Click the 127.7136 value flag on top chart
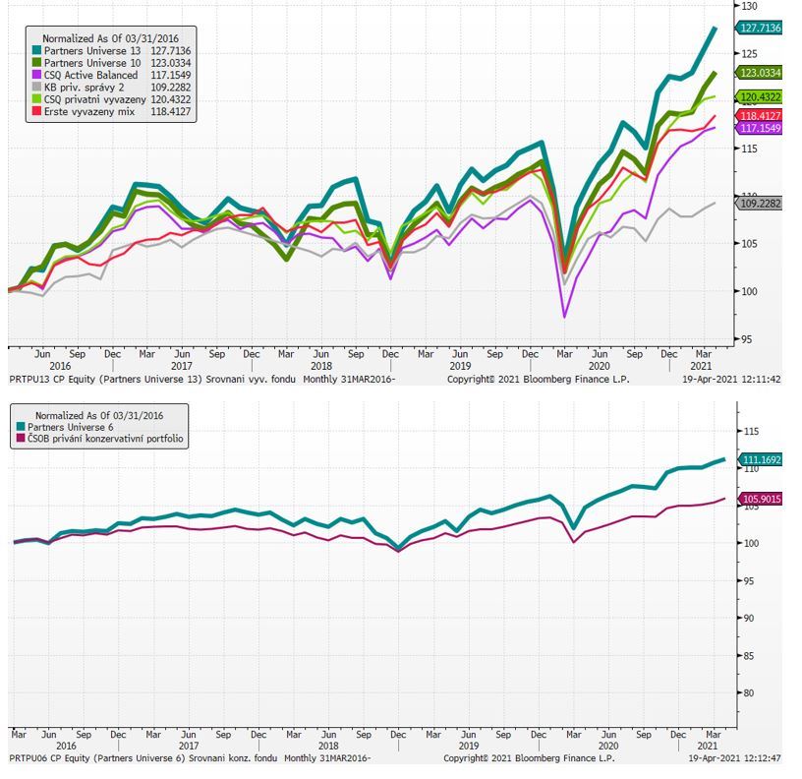click(x=761, y=29)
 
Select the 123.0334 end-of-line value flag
click(x=761, y=73)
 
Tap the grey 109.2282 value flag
click(x=761, y=204)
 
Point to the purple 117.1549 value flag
click(x=761, y=128)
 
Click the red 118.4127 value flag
click(x=761, y=116)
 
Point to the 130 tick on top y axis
click(x=751, y=6)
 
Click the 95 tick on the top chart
click(x=748, y=338)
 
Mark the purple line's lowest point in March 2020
click(x=564, y=316)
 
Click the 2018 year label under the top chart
click(x=321, y=366)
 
